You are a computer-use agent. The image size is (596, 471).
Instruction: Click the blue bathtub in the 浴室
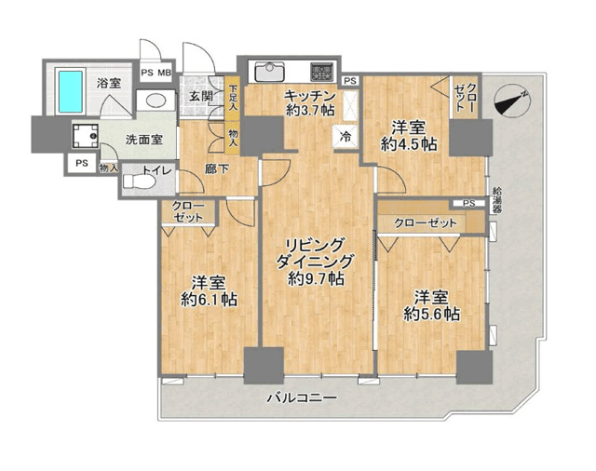click(70, 91)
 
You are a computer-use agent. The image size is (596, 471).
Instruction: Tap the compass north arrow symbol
click(511, 101)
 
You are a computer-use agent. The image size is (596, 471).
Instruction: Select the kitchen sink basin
click(269, 72)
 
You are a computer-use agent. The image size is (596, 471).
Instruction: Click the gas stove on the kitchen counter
click(322, 72)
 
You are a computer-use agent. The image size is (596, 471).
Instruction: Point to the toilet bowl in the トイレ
click(140, 182)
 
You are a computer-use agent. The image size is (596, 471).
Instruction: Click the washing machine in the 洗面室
click(85, 136)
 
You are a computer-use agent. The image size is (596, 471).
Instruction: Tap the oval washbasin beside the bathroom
click(156, 101)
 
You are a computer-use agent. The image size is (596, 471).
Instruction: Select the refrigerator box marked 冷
click(345, 136)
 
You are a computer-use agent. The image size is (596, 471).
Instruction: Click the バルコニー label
click(302, 398)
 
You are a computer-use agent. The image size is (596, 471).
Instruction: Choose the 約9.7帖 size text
click(317, 279)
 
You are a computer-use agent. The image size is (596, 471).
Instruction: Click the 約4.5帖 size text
click(408, 144)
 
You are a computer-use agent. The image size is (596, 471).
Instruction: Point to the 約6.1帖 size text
click(209, 300)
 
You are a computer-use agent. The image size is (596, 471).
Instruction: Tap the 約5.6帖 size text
click(431, 314)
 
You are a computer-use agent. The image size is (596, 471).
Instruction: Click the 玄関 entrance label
click(201, 96)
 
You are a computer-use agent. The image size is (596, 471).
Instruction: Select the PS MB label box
click(156, 73)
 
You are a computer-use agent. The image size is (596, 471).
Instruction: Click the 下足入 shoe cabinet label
click(233, 98)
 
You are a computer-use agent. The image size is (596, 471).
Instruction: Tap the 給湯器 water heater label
click(496, 200)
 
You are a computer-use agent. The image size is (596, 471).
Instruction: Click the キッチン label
click(310, 95)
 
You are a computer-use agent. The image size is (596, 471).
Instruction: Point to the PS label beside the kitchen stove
click(351, 81)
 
